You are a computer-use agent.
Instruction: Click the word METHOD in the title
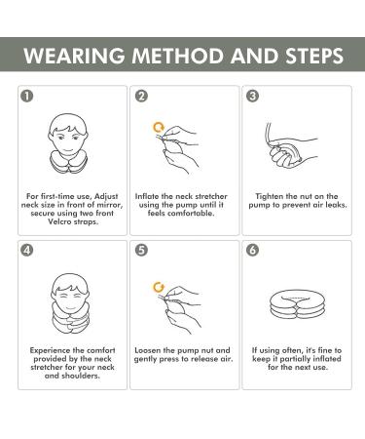pos(178,56)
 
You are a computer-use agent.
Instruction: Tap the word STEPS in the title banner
pos(314,56)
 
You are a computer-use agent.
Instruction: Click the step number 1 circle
pos(27,96)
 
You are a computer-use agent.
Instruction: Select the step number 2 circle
pos(141,96)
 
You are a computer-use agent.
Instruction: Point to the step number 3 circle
pos(253,96)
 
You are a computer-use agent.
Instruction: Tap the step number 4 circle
pos(27,250)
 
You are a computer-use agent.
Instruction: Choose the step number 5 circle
pos(141,250)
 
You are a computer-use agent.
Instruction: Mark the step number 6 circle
pos(253,250)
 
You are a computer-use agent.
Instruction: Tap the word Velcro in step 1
pos(59,221)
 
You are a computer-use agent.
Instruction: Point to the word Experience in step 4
pos(50,350)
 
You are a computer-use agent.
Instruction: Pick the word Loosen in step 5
pos(147,350)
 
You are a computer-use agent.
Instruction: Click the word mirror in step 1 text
pos(111,205)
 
